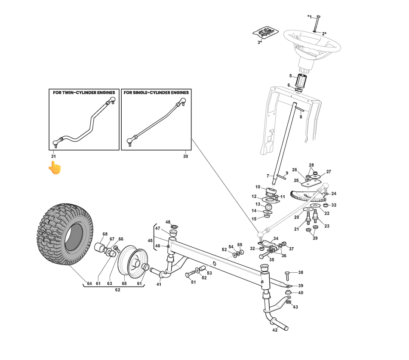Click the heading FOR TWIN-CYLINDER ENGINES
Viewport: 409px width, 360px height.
[84, 92]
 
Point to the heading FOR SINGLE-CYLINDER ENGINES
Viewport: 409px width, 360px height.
[156, 92]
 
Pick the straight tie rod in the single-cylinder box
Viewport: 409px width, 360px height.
[156, 122]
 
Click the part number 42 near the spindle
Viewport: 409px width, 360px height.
[275, 331]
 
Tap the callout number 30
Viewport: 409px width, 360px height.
[185, 156]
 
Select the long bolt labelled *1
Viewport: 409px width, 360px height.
[318, 22]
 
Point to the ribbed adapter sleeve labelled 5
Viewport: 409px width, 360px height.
[299, 80]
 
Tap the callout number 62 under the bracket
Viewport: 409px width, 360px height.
[117, 290]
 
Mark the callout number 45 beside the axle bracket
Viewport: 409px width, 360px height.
[150, 240]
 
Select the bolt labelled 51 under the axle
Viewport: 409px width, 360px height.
[189, 274]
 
